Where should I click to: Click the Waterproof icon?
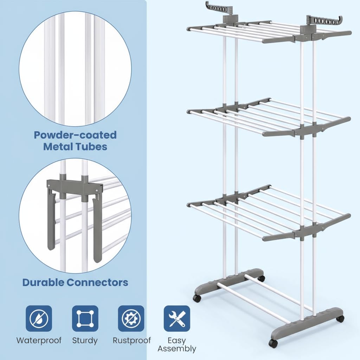[x=39, y=319]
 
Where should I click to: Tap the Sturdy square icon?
[x=85, y=319]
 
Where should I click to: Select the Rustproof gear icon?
[x=131, y=319]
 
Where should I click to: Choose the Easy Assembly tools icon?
[x=177, y=319]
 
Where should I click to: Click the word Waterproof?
[x=39, y=340]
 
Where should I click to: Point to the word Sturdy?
[x=85, y=340]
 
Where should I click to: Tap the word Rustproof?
[x=132, y=340]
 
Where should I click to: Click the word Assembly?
[x=177, y=349]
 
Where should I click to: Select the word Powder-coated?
[x=75, y=135]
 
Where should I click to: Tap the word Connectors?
[x=97, y=282]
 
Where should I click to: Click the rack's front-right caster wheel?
[x=273, y=343]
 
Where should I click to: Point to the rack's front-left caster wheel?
[x=197, y=298]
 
